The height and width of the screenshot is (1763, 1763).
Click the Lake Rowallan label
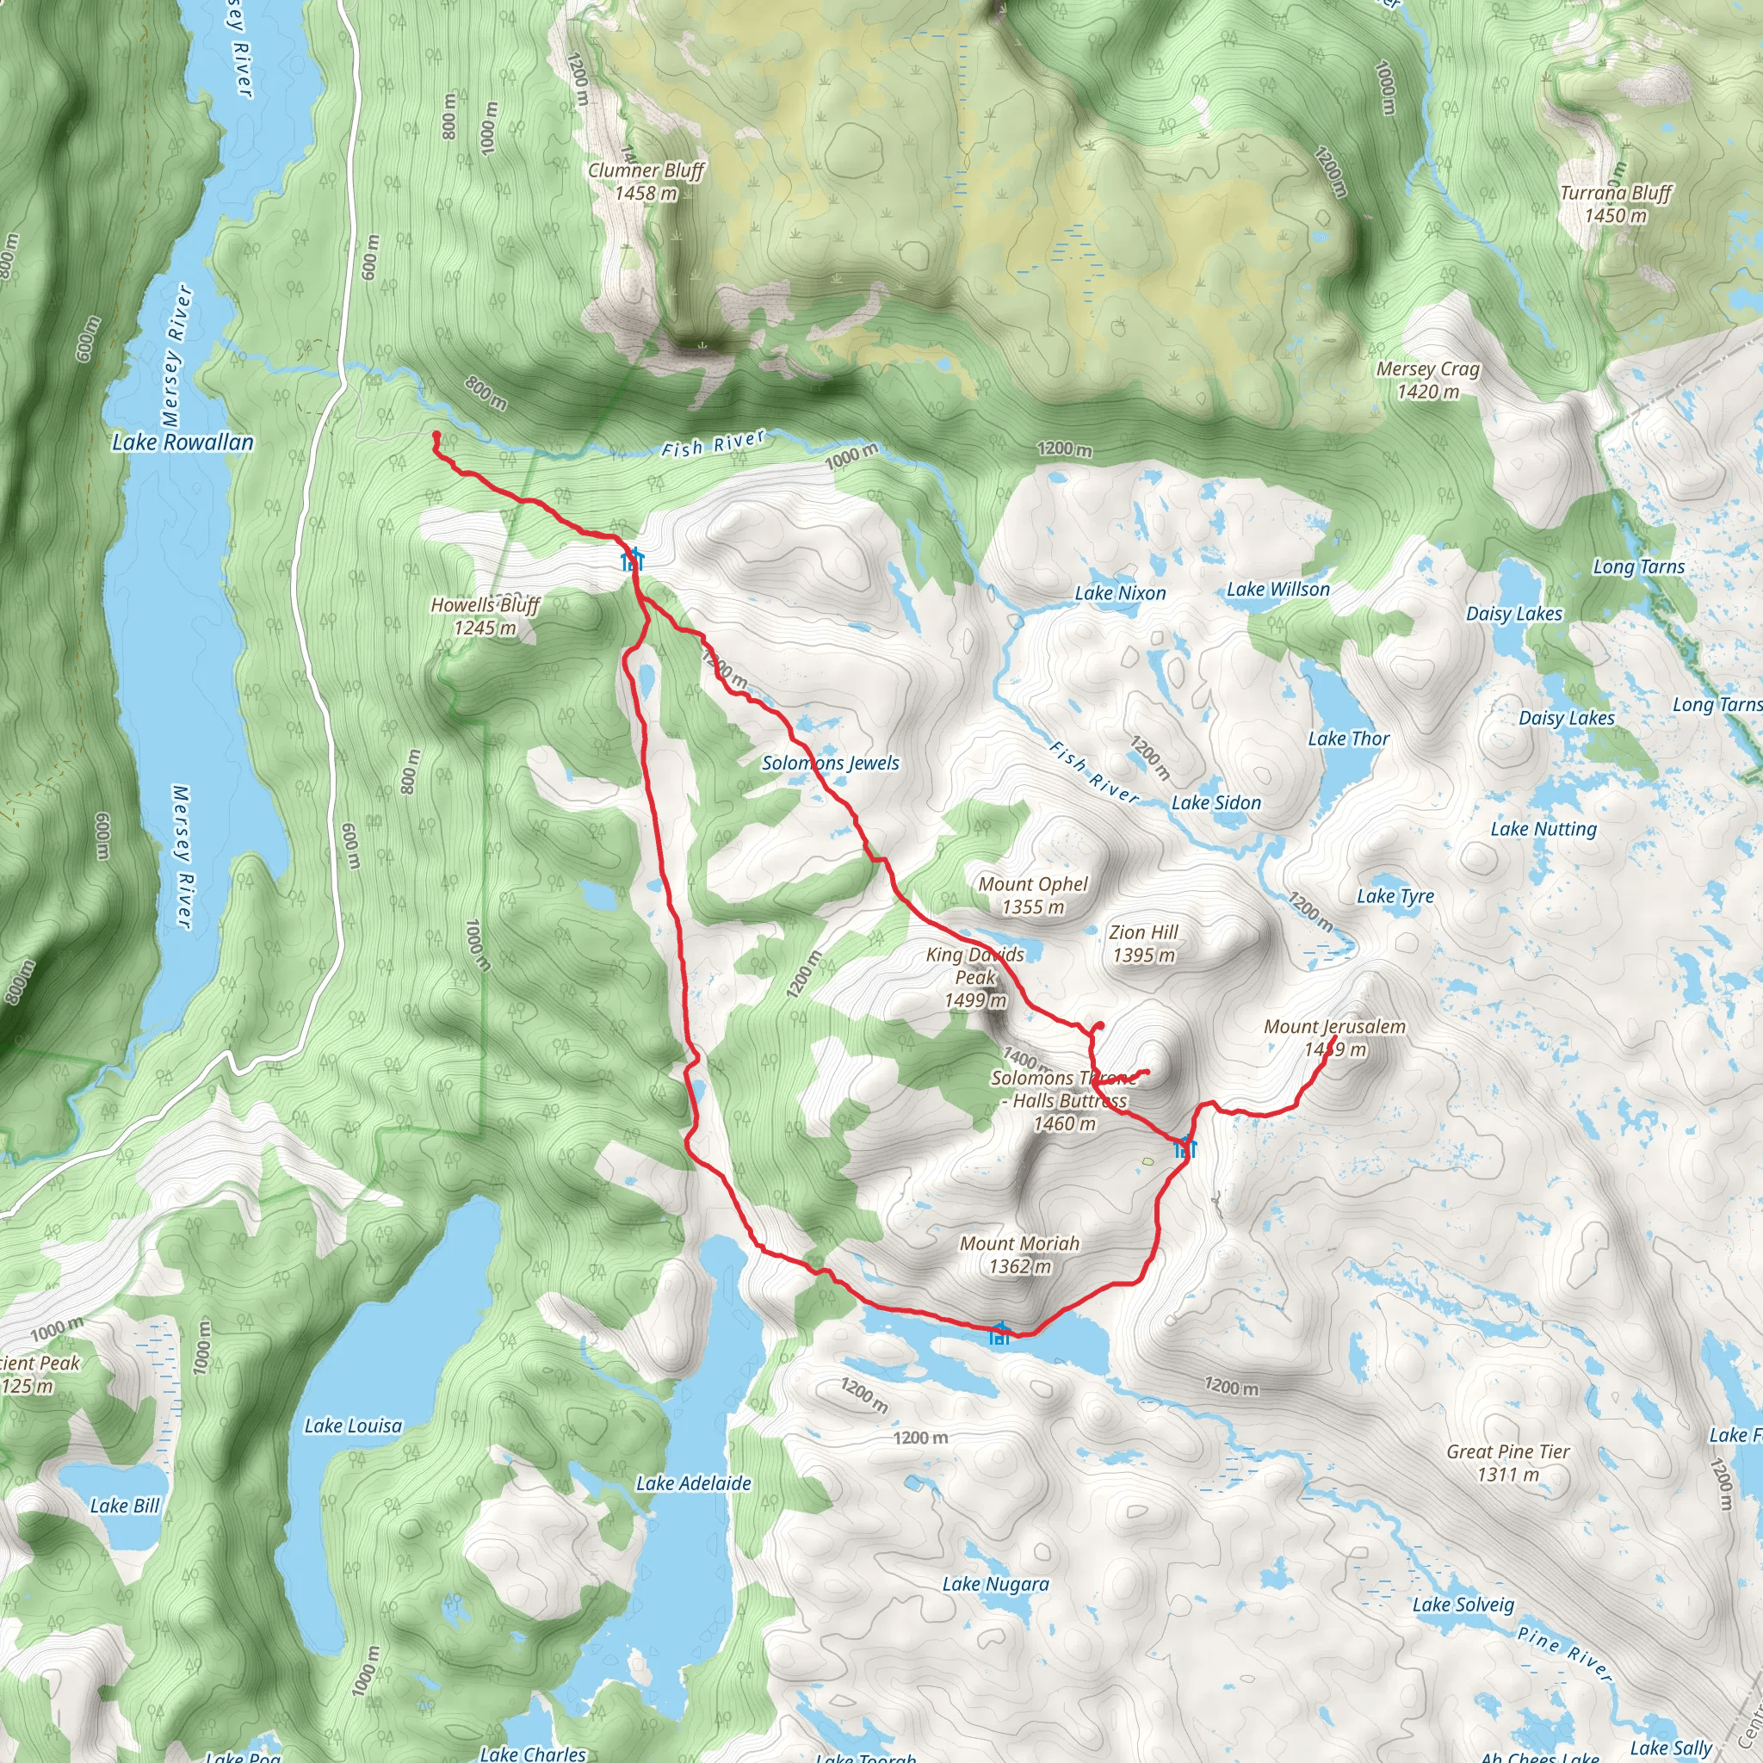pos(182,442)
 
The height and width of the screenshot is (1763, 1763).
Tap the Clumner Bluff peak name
pos(646,170)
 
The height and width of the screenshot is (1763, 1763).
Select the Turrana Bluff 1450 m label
pos(1615,204)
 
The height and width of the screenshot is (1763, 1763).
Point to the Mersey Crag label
pos(1427,369)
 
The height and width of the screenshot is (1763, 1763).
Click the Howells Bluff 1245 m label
pos(486,616)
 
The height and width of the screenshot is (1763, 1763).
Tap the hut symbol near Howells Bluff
pos(633,559)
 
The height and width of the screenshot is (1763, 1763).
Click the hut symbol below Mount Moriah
pos(1000,1334)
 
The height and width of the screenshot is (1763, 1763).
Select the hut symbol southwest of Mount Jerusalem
pos(1185,1147)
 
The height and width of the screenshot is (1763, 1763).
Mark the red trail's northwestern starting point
pos(436,436)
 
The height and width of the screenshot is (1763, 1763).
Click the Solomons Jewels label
pos(831,763)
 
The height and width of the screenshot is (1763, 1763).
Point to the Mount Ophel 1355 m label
pos(1033,895)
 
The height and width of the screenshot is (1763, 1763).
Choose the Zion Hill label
pos(1143,932)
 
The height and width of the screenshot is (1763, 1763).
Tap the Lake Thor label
pos(1348,739)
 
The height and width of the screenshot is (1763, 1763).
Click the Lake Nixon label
pos(1120,593)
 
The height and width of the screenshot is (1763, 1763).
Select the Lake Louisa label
pos(353,1426)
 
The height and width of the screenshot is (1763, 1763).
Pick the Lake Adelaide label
pos(694,1483)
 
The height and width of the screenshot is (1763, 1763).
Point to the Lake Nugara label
pos(996,1584)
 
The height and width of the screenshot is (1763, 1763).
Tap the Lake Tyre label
pos(1395,896)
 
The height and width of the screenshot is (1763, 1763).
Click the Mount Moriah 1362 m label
pos(1019,1255)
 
